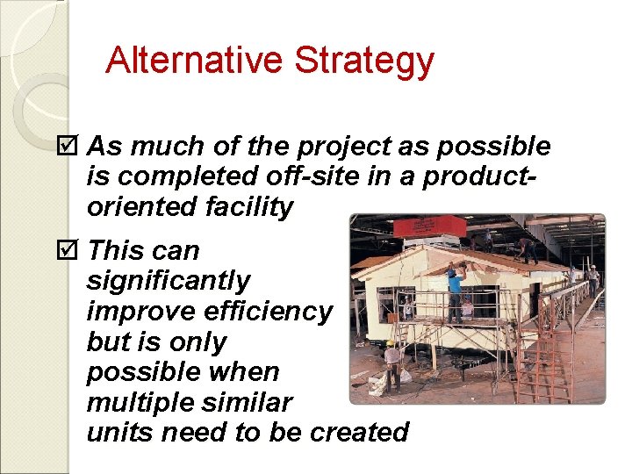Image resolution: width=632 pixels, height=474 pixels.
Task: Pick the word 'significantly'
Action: (169, 282)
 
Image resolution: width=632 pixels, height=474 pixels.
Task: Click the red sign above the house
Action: (429, 226)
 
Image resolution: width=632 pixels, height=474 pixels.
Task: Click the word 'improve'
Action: (142, 311)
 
